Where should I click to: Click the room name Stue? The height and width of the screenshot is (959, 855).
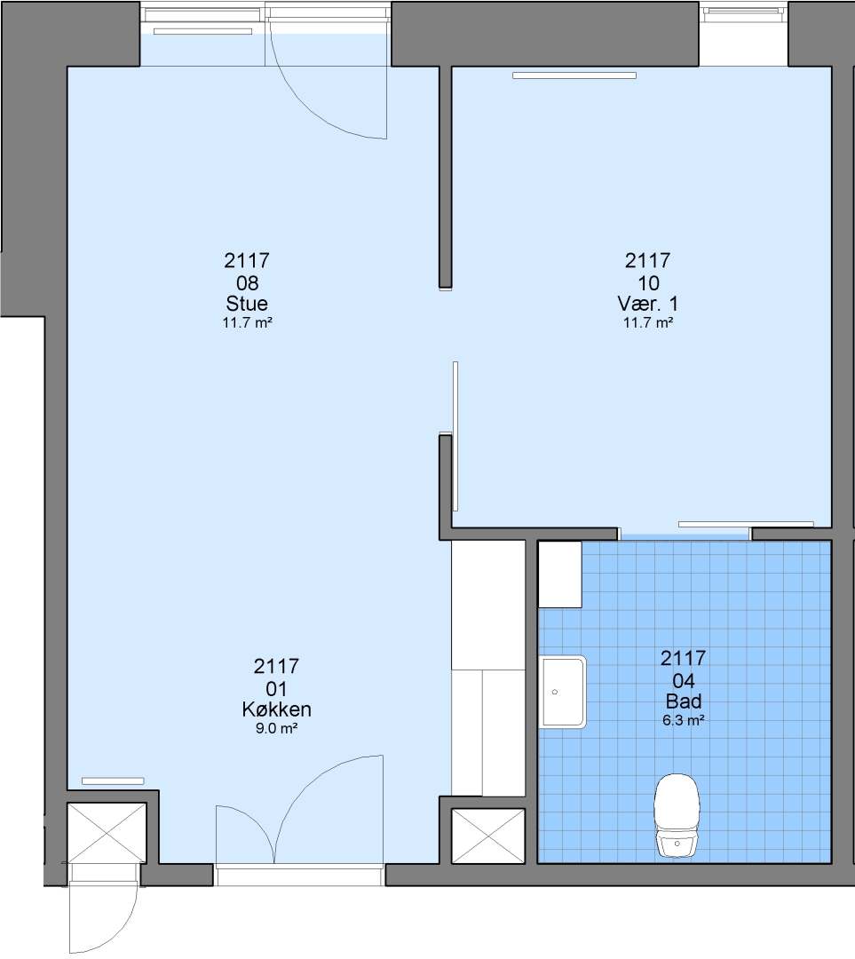pos(247,304)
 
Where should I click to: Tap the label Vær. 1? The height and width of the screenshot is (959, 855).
pos(647,304)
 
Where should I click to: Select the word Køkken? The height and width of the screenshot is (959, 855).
pos(276,709)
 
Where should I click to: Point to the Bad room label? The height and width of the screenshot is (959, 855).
pos(683,701)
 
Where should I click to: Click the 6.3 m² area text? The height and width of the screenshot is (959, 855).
pos(683,720)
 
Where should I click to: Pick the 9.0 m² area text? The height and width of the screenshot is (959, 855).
pos(276,728)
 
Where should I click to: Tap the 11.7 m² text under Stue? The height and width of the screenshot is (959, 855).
pos(247,322)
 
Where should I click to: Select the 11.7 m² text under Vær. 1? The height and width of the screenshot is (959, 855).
pos(647,322)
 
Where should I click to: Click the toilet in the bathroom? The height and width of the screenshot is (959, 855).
pos(677,816)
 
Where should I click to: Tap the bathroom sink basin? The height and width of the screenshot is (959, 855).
pos(563,692)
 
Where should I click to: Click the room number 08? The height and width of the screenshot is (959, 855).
pos(247,282)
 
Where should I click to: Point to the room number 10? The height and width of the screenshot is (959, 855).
pos(648,282)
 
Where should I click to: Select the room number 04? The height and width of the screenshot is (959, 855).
pos(683,680)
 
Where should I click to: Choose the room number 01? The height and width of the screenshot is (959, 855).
pos(276,689)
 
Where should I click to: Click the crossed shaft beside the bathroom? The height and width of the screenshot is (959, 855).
pos(488,836)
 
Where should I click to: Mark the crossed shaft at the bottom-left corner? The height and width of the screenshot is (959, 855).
pos(107,833)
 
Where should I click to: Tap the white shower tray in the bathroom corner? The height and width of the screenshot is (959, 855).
pos(560,575)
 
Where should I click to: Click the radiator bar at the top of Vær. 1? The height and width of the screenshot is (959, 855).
pos(574,75)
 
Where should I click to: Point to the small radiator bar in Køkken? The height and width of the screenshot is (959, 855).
pos(113,781)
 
